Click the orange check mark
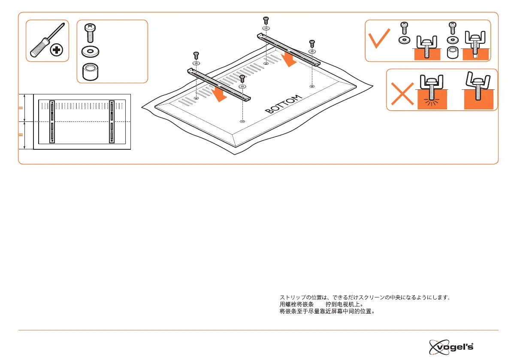[380, 39]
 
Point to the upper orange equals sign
[21, 109]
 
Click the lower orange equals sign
[21, 135]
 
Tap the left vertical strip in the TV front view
[52, 122]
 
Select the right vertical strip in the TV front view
[112, 122]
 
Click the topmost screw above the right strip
[266, 20]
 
